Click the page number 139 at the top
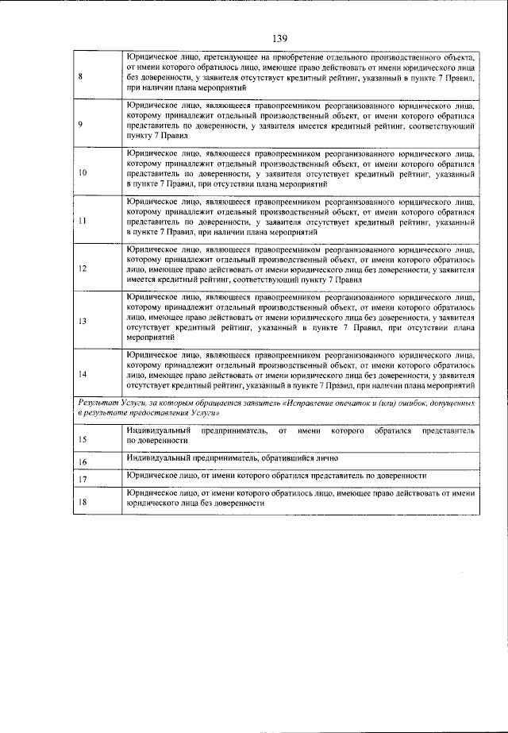279,37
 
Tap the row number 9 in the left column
82,124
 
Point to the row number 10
83,172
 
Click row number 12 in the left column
83,268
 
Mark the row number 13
83,321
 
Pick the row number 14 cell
83,373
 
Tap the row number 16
83,461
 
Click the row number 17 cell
83,479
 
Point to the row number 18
83,502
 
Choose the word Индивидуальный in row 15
158,430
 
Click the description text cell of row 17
298,476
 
